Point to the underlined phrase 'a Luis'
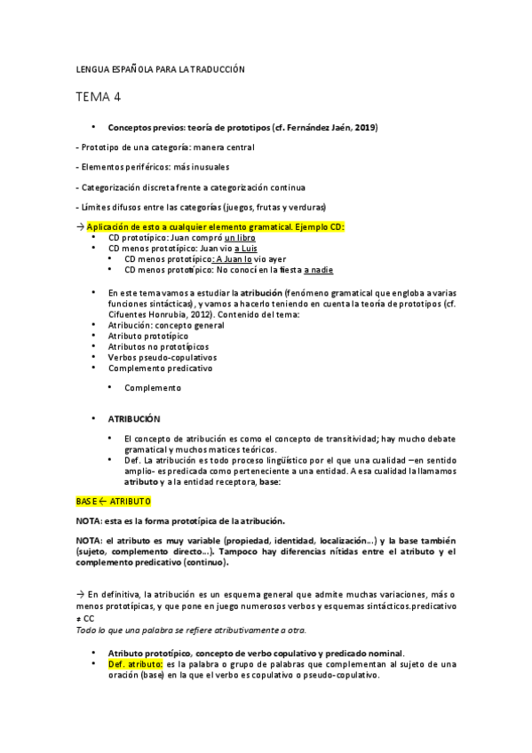click(x=247, y=249)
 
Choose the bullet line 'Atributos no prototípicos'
click(x=158, y=346)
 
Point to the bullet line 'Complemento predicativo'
click(x=160, y=368)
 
